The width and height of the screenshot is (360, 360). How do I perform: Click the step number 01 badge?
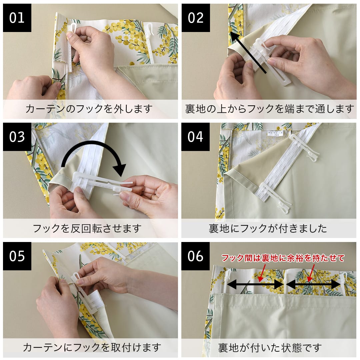click(x=17, y=18)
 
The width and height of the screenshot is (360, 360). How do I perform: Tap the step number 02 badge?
click(x=196, y=18)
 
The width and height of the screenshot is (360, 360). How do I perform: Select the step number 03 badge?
click(x=17, y=137)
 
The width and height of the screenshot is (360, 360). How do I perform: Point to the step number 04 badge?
click(x=195, y=137)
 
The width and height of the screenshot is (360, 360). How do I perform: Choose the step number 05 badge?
click(x=17, y=256)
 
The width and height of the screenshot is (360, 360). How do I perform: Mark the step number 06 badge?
click(x=195, y=256)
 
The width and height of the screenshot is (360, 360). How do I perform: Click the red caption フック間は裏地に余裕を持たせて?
click(x=283, y=258)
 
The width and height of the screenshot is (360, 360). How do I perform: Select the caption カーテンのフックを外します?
click(x=89, y=109)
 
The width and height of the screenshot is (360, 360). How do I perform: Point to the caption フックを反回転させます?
click(x=87, y=228)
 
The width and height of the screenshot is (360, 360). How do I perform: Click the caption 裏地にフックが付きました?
click(x=268, y=228)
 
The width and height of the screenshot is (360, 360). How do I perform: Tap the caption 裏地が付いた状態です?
click(x=270, y=348)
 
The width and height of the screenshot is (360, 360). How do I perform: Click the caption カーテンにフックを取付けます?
click(x=92, y=347)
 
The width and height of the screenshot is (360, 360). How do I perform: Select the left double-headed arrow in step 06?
click(x=255, y=285)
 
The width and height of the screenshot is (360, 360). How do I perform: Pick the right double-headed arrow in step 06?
click(x=313, y=285)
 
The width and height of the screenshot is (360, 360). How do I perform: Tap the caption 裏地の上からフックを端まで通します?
click(x=269, y=109)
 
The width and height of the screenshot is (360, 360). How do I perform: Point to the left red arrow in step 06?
click(x=262, y=273)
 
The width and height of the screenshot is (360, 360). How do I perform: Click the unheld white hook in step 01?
click(x=150, y=42)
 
